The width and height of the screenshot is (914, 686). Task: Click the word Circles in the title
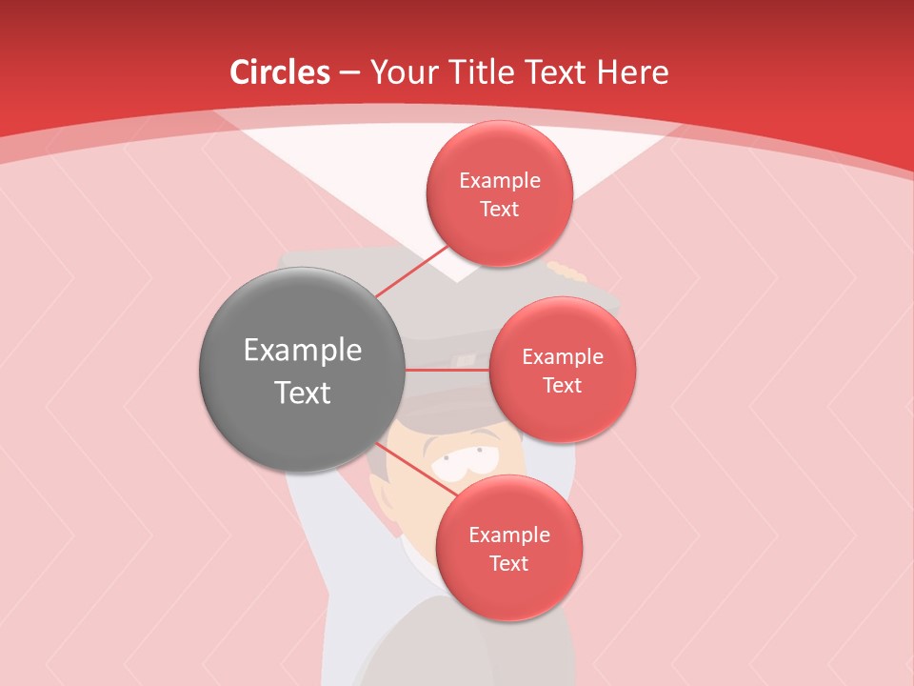pyautogui.click(x=280, y=72)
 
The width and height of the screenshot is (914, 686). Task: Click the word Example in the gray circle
pyautogui.click(x=303, y=351)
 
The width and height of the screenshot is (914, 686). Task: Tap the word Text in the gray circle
pyautogui.click(x=303, y=393)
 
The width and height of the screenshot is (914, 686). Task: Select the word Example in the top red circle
pyautogui.click(x=500, y=181)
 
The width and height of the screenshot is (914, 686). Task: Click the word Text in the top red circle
pyautogui.click(x=500, y=210)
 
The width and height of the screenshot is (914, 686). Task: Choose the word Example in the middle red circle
pyautogui.click(x=563, y=357)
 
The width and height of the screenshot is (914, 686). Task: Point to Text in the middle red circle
pyautogui.click(x=563, y=386)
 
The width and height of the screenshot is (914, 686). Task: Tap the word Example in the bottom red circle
pyautogui.click(x=509, y=535)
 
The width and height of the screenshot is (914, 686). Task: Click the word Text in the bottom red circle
pyautogui.click(x=509, y=564)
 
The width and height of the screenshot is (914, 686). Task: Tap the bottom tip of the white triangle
pyautogui.click(x=458, y=281)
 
